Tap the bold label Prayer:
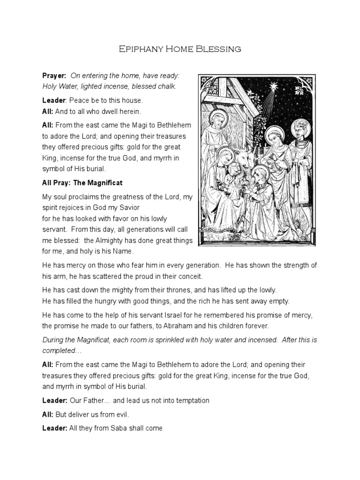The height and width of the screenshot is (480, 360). (55, 75)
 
